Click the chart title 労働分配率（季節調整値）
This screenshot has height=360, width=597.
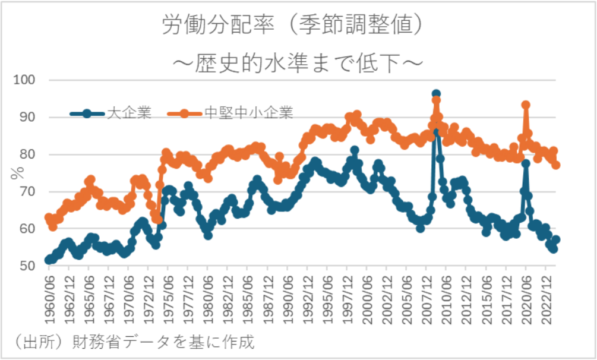[x=295, y=26]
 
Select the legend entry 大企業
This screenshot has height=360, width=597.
[x=129, y=113]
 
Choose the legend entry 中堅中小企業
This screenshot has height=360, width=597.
[x=249, y=113]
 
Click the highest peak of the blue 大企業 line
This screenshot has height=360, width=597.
[x=436, y=94]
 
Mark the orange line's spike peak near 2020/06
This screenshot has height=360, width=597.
[x=526, y=105]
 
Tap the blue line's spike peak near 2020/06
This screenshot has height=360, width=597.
[x=526, y=163]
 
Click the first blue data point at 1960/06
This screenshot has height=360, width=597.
[x=49, y=260]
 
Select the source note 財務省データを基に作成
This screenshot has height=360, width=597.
[x=163, y=343]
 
